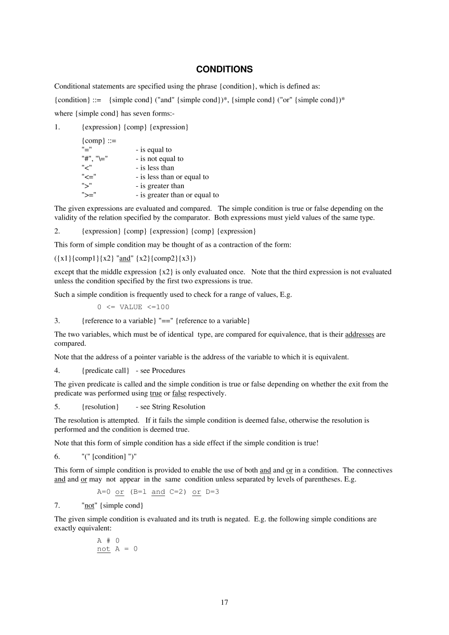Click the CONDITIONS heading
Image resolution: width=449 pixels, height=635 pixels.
pos(224,69)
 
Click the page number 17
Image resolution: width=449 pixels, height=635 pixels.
pos(224,602)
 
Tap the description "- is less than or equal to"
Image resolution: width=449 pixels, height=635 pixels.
pos(172,177)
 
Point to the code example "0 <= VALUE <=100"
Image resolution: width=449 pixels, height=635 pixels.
pos(133,307)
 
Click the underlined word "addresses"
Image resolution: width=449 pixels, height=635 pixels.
pos(360,334)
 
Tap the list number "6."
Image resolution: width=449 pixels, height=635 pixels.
pos(57,456)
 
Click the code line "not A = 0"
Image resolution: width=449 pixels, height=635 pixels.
pos(117,549)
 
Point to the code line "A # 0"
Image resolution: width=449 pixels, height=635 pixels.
pos(108,541)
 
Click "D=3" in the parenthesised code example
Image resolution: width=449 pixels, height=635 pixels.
pos(212,492)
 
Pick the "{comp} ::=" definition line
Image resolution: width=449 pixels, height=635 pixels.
pos(99,141)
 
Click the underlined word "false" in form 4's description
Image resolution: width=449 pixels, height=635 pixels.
pos(179,394)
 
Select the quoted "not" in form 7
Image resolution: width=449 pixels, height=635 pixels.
pos(89,506)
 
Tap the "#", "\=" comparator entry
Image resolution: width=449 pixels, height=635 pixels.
pos(95,159)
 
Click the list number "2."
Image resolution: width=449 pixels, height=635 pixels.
pos(57,231)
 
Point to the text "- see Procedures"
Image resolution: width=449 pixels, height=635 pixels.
pos(161,370)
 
